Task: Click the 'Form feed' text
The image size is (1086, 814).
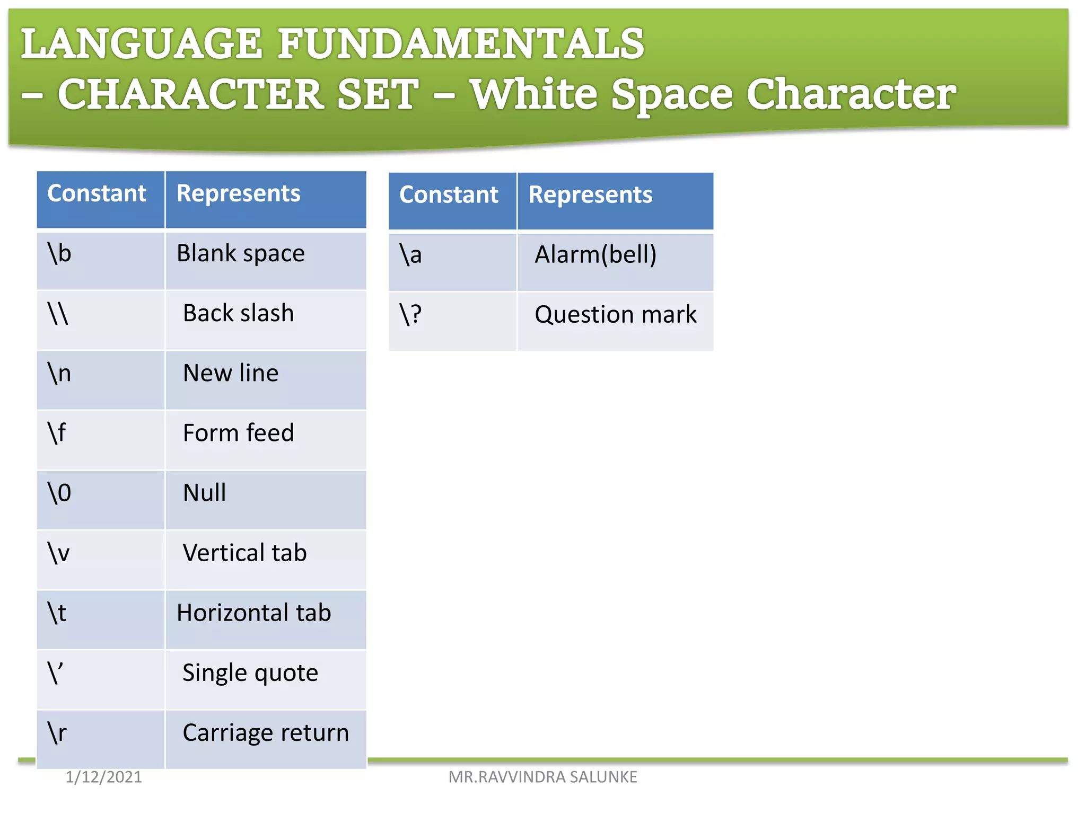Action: tap(238, 433)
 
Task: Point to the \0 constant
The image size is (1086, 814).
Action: tap(59, 493)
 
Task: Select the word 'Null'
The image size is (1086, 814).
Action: tap(204, 493)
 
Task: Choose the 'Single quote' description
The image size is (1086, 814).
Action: tap(250, 673)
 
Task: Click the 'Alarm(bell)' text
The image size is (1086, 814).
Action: tap(595, 255)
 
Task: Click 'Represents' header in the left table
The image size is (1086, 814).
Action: tap(238, 193)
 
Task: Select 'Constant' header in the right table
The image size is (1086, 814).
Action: tap(449, 195)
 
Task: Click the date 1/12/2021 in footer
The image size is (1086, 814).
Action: tap(103, 777)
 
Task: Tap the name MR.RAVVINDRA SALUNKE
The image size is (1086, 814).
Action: tap(542, 777)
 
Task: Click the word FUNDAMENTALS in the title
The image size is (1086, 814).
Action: tap(461, 45)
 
